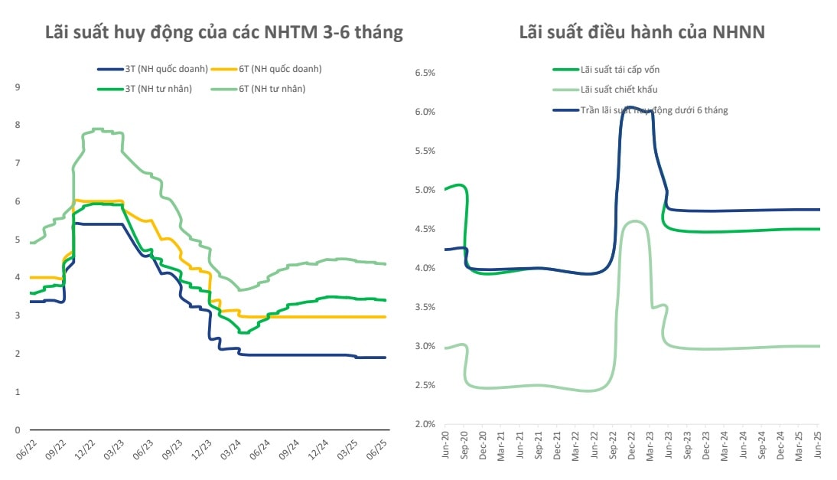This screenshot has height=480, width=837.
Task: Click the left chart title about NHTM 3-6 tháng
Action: (x=223, y=33)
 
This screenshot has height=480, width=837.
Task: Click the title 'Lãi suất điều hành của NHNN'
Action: (x=642, y=33)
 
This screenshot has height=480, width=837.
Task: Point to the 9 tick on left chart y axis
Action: (x=18, y=87)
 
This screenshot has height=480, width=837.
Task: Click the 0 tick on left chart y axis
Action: (x=18, y=430)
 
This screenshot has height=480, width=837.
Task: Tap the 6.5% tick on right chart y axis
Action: (x=425, y=73)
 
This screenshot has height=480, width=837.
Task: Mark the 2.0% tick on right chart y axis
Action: (x=425, y=424)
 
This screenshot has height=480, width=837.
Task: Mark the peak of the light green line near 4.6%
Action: (x=635, y=221)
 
